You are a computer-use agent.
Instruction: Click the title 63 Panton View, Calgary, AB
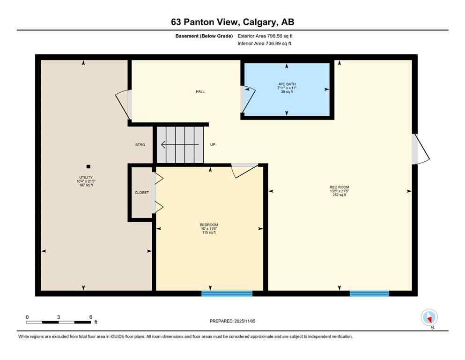coord(232,22)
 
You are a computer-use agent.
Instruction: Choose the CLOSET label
coord(141,192)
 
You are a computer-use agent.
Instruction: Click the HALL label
coord(200,91)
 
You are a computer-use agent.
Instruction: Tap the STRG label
coord(140,145)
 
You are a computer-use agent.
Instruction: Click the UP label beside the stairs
coord(212,145)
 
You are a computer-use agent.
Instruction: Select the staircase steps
coord(180,144)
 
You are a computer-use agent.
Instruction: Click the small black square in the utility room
coord(88,166)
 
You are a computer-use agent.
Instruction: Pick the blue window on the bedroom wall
coord(227,293)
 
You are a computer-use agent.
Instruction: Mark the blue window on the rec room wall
coord(369,293)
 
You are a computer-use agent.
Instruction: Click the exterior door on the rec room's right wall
coord(420,149)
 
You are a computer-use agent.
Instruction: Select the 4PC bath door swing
coord(248,99)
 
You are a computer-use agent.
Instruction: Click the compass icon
coord(429,317)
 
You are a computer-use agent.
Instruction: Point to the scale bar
coord(58,322)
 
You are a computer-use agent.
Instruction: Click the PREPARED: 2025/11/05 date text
coord(232,321)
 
